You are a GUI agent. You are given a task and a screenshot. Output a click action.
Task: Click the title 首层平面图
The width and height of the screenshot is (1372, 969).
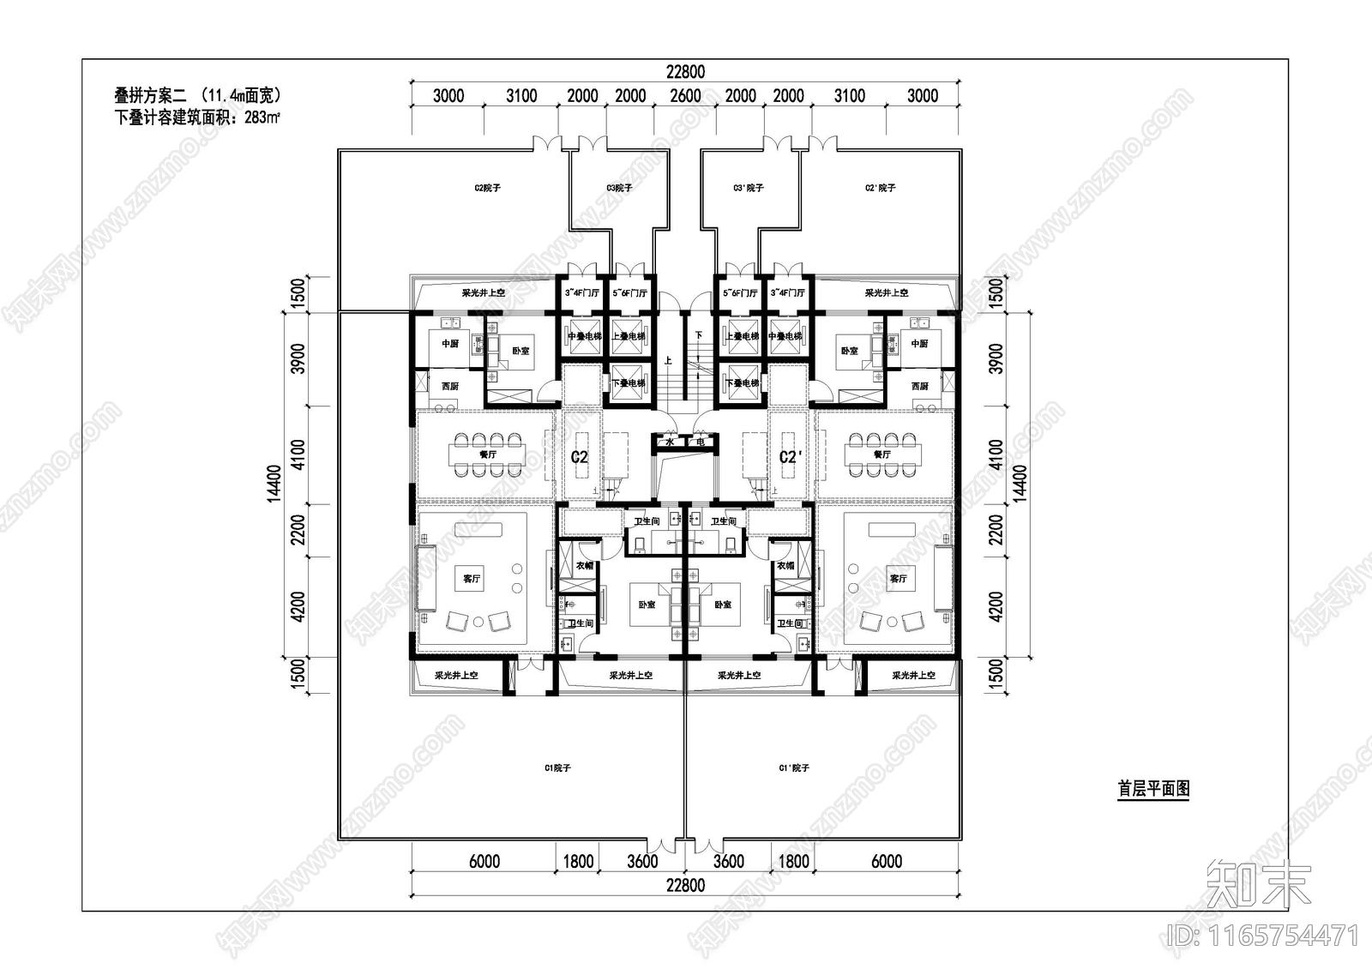(x=1153, y=789)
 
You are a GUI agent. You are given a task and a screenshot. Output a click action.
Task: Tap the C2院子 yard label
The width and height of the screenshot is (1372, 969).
(x=487, y=188)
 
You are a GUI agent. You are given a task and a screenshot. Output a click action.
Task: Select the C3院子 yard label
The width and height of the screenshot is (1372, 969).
(x=619, y=188)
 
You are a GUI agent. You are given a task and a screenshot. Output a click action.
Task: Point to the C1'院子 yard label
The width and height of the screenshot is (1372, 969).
(x=793, y=768)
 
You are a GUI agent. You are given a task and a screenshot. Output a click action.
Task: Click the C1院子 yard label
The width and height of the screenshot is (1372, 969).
(x=557, y=768)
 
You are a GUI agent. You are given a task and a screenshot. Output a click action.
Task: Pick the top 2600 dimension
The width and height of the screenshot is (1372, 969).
(x=685, y=96)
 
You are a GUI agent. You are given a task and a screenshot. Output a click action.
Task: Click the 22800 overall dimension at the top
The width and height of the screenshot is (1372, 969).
(x=686, y=72)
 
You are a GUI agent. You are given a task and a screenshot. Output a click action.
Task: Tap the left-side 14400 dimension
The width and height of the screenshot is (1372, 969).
(x=274, y=484)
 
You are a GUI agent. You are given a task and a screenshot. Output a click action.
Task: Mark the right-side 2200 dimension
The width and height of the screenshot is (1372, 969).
(x=996, y=531)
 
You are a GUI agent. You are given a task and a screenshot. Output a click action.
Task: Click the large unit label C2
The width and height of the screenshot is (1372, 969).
(x=580, y=457)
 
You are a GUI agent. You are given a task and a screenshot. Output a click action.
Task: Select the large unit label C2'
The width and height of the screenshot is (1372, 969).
(x=790, y=457)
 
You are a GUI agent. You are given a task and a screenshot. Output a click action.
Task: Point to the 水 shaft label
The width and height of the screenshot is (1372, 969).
(x=670, y=442)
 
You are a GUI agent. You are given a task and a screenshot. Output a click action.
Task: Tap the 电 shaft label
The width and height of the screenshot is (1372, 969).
(x=700, y=442)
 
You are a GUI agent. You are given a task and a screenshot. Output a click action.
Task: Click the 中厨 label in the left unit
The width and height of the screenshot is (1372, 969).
(x=450, y=344)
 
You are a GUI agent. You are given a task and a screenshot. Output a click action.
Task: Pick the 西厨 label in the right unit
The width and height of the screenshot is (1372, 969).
(x=919, y=387)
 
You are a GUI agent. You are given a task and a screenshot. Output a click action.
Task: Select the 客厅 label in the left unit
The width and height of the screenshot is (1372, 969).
(x=472, y=579)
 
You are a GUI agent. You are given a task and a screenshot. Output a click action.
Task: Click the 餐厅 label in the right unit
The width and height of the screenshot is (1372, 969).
(x=881, y=454)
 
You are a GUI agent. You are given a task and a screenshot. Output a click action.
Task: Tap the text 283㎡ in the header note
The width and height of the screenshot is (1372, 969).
(x=262, y=118)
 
